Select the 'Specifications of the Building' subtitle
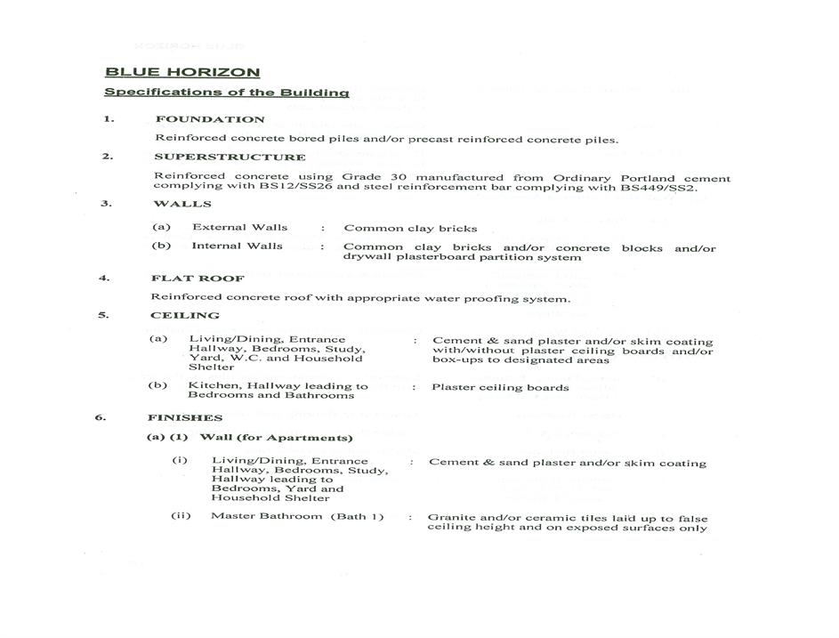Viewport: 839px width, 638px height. tap(226, 92)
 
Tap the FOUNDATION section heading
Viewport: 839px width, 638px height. tap(210, 119)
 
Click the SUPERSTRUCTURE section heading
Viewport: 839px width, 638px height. tap(230, 157)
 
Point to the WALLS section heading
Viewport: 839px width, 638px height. tap(182, 204)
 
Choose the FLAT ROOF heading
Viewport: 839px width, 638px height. tap(185, 279)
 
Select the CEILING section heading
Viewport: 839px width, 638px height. tap(184, 315)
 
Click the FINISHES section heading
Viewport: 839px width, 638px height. tap(184, 417)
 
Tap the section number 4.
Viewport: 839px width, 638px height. tap(104, 278)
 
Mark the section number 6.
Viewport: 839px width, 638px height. tap(101, 416)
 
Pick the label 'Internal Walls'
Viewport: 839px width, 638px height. tap(237, 246)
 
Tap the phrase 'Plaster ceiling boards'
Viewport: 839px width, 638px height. tap(500, 387)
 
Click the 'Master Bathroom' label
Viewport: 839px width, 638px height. tap(259, 516)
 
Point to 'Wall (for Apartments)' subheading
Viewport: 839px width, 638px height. tap(276, 438)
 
